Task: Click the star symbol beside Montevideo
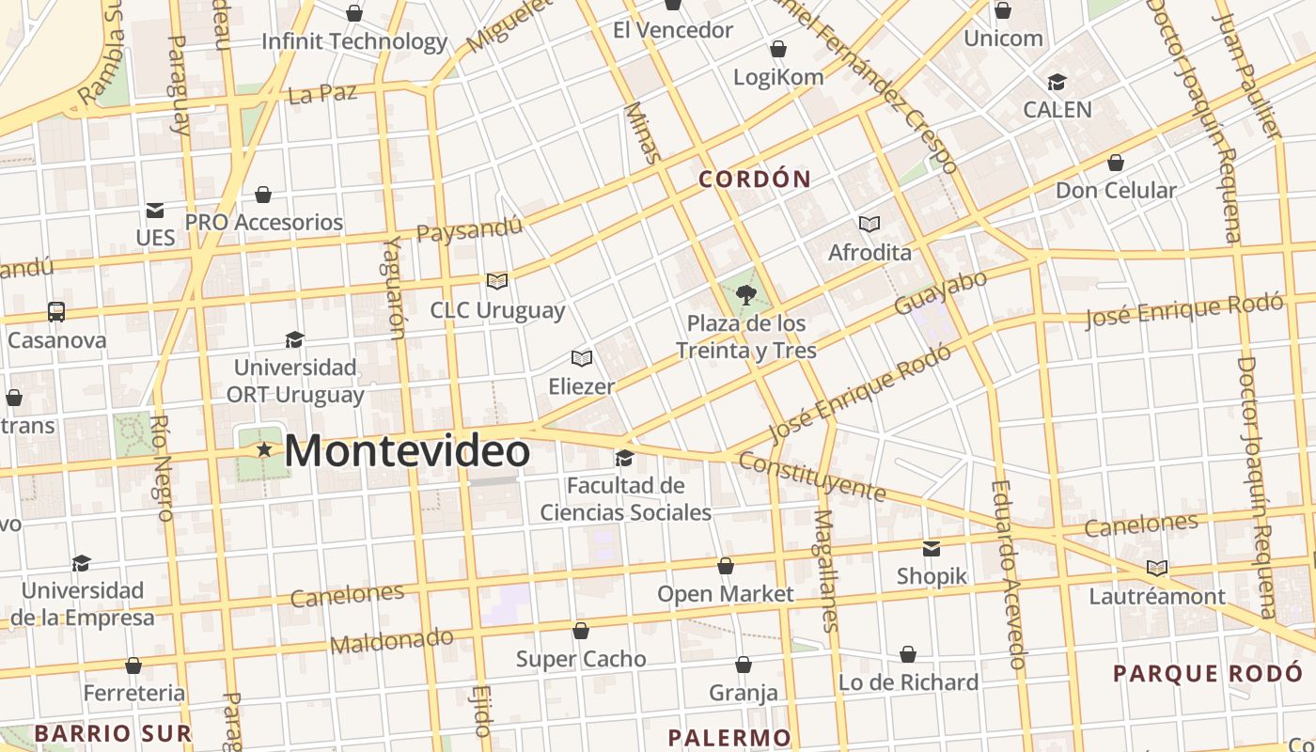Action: click(x=265, y=451)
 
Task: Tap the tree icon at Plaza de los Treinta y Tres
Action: click(x=746, y=295)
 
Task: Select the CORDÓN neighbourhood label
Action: click(x=755, y=179)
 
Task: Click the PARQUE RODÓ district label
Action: click(x=1208, y=673)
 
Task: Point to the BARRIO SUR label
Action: click(x=113, y=732)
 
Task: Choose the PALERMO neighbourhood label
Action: click(x=729, y=737)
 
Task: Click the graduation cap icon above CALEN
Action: click(x=1057, y=82)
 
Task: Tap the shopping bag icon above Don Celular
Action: click(x=1116, y=163)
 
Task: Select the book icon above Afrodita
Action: click(x=869, y=224)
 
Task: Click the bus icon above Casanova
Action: click(x=56, y=311)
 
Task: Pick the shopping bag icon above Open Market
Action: click(x=726, y=566)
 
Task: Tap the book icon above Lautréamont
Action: click(x=1157, y=568)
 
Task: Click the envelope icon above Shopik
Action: click(x=932, y=548)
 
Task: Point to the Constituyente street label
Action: click(x=811, y=476)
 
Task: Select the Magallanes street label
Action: click(x=826, y=569)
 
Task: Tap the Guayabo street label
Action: click(x=941, y=291)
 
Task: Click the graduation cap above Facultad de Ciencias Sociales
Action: click(x=624, y=458)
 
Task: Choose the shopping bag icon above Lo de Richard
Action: click(x=908, y=654)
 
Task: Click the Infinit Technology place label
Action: click(x=354, y=41)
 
